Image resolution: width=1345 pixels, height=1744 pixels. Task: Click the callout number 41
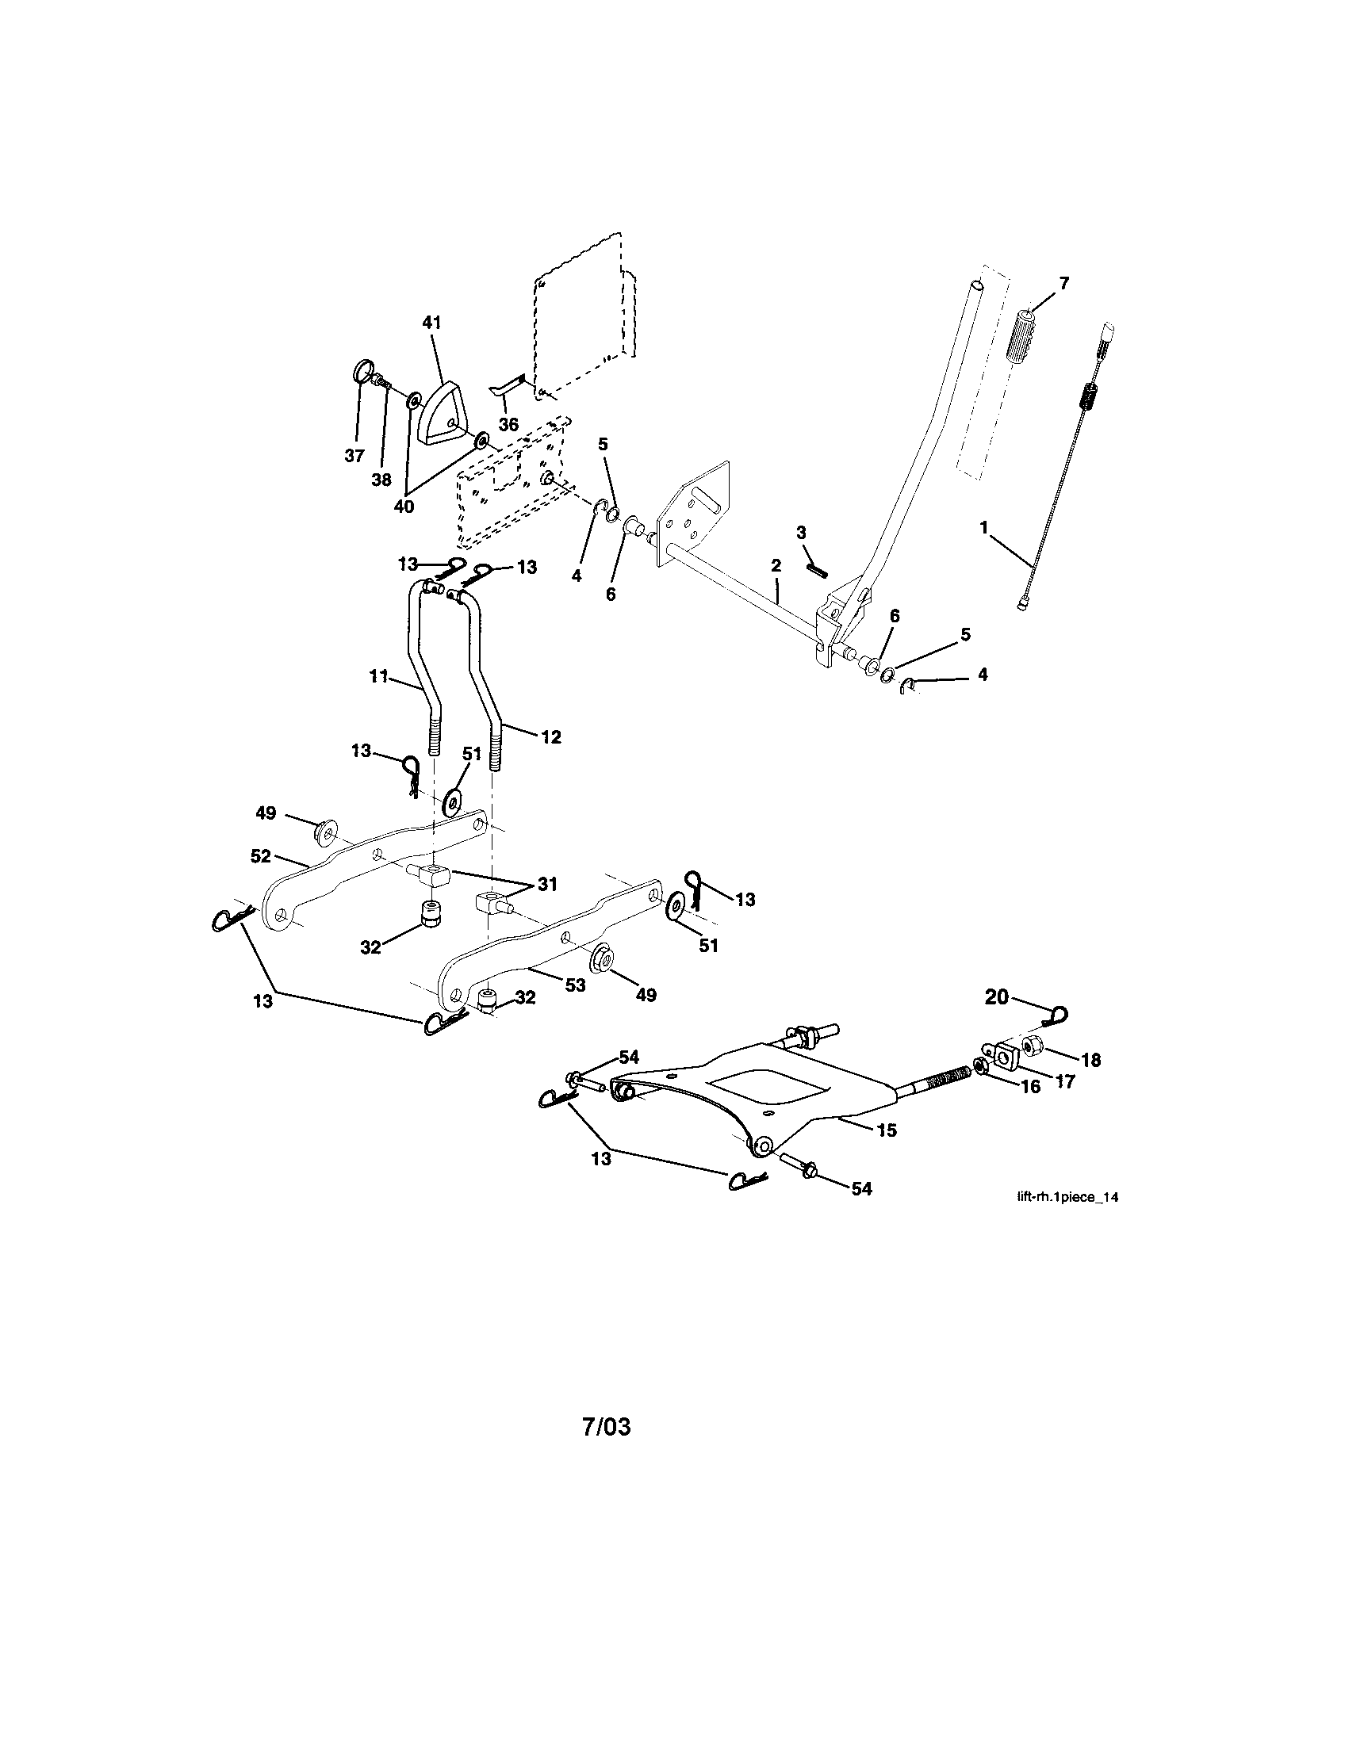431,323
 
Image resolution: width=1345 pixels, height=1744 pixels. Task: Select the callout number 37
354,456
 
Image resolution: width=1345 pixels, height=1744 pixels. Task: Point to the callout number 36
508,425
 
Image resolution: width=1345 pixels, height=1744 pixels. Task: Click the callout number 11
378,678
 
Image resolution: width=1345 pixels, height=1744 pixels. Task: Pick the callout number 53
575,985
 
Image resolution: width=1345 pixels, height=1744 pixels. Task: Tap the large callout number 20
997,997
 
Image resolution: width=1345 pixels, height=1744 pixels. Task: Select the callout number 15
887,1130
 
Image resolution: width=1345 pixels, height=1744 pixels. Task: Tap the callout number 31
546,884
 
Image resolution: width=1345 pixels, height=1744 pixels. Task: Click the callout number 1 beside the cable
984,528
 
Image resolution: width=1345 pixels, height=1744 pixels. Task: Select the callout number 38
381,479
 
